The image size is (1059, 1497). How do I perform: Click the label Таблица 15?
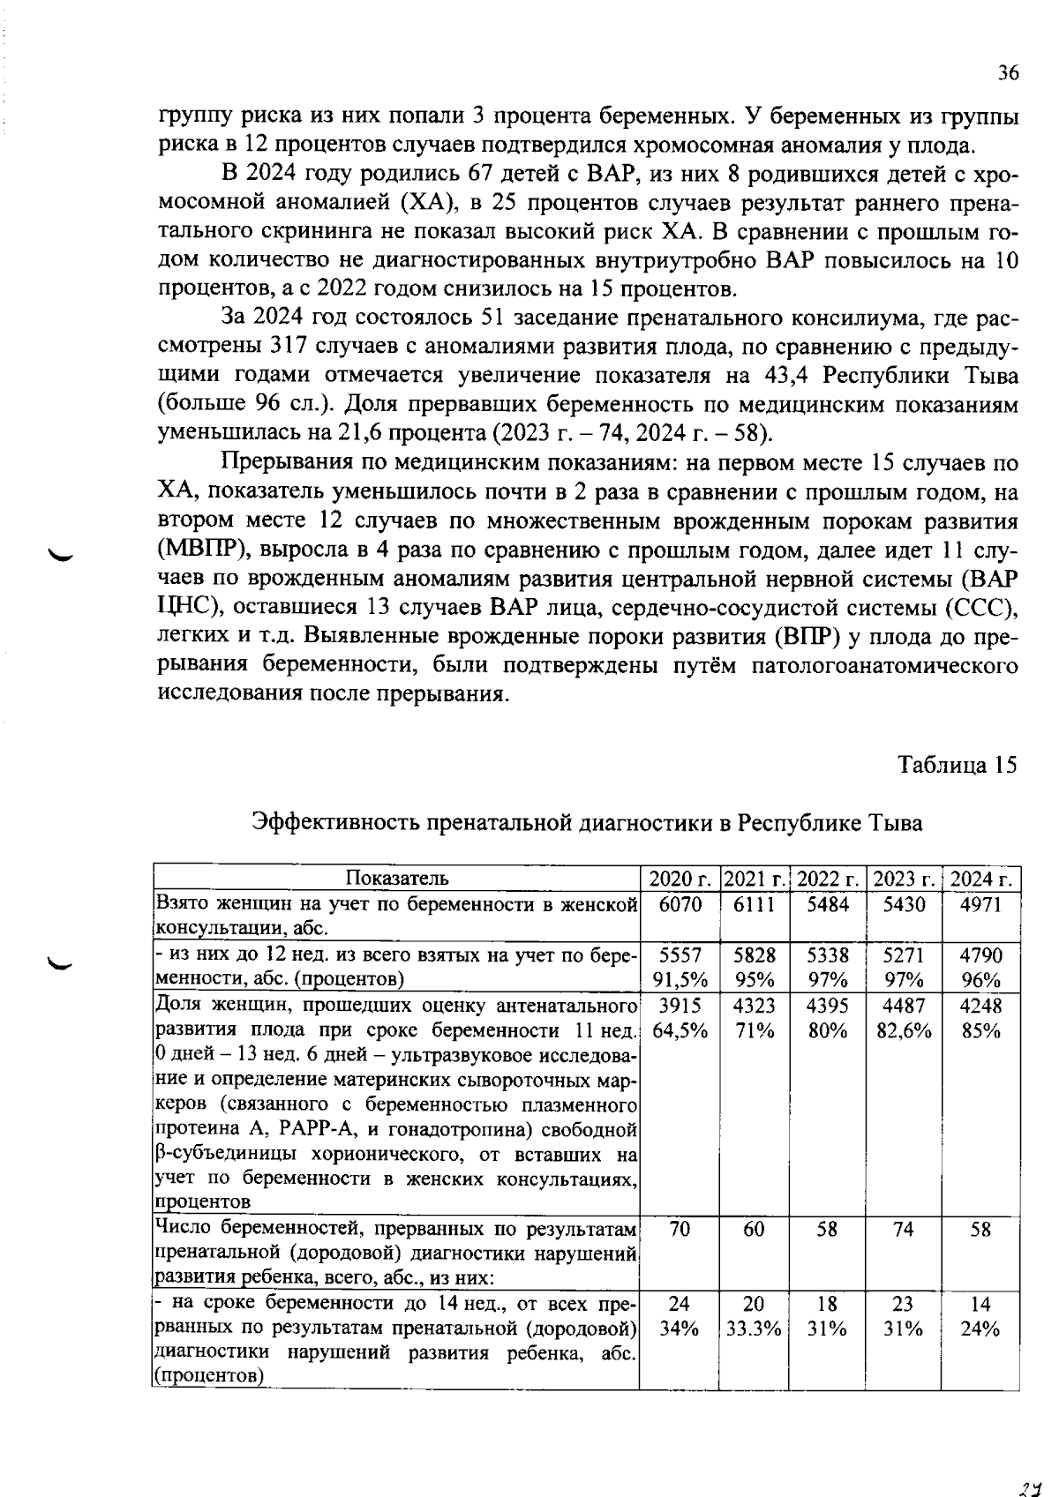tap(958, 764)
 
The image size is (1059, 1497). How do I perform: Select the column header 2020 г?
tap(679, 879)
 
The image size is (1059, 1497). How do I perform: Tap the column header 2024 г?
tap(980, 879)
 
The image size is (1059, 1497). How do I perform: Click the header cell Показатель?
tap(396, 878)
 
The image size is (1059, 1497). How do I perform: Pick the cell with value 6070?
tap(679, 904)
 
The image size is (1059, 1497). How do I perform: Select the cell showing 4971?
tap(980, 904)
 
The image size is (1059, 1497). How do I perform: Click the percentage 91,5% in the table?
tap(679, 980)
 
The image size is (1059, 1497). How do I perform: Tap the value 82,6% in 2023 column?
tap(904, 1030)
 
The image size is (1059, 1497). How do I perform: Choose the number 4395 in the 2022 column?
tap(828, 1005)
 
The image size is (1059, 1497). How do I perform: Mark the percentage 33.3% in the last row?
tap(753, 1329)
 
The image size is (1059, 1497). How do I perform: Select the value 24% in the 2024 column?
tap(980, 1329)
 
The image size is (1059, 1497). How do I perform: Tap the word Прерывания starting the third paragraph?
tap(281, 463)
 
